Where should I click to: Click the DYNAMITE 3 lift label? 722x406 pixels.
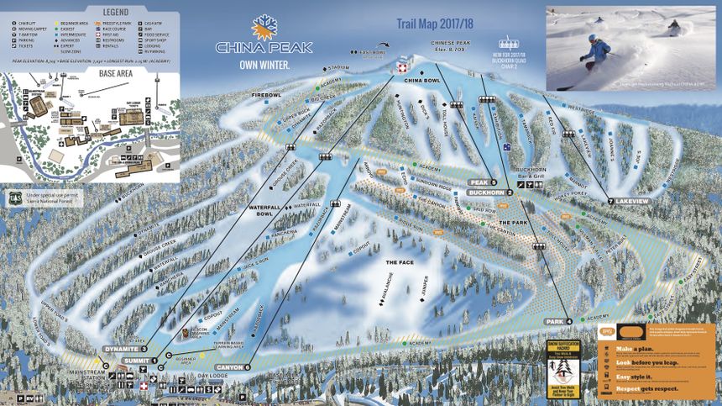[125, 349]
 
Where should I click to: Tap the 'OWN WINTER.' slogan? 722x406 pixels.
[264, 64]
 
